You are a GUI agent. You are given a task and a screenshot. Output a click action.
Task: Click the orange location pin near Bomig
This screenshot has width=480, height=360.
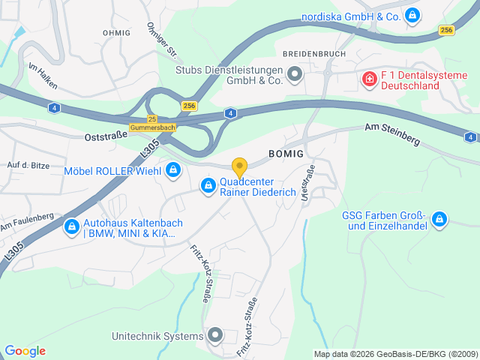(239, 167)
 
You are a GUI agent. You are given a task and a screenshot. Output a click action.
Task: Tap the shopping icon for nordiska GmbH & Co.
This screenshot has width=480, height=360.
(412, 15)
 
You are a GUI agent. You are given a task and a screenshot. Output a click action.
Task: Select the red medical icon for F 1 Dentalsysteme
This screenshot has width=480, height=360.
(368, 79)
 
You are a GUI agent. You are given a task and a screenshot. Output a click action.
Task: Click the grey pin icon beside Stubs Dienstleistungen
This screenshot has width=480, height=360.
(294, 73)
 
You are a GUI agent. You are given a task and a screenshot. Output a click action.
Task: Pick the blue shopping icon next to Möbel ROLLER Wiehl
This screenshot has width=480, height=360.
(173, 171)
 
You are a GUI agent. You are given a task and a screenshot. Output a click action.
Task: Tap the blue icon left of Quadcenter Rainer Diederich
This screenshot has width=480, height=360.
(208, 185)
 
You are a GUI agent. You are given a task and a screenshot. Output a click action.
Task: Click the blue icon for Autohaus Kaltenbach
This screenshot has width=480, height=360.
(71, 225)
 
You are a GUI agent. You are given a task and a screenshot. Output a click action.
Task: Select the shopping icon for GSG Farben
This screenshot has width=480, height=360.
(439, 220)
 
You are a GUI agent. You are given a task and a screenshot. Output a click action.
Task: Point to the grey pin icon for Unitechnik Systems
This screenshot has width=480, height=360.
(215, 335)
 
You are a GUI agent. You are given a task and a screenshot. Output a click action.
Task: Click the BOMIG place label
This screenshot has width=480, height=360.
(286, 154)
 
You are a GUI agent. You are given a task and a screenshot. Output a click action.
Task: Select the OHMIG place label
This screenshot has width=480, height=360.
(116, 33)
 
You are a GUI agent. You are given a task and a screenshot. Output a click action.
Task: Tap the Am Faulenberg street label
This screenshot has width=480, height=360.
(27, 221)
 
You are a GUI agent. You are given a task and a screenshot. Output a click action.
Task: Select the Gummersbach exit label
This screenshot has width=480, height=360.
(152, 128)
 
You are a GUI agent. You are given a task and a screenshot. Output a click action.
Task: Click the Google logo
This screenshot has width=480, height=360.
(25, 351)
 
